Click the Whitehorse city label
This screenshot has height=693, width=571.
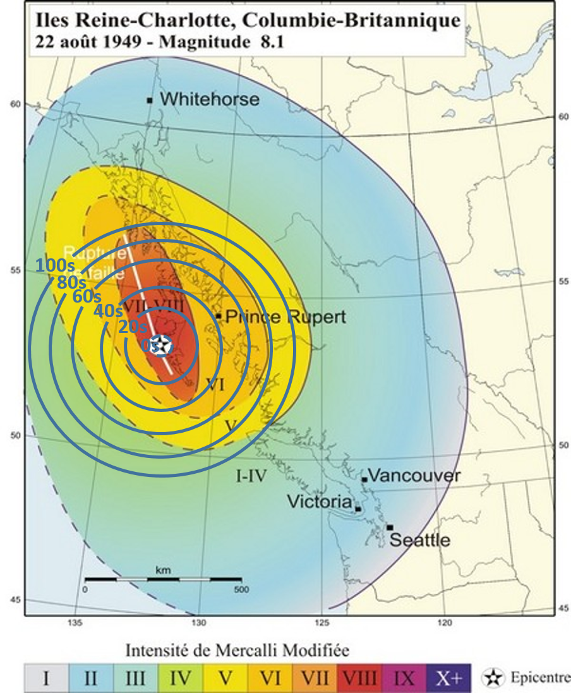209,99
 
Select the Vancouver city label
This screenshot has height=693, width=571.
414,476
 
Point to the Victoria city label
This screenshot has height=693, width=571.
319,502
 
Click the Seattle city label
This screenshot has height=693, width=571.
419,540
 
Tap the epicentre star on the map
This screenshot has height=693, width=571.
163,345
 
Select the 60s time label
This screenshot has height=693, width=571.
87,296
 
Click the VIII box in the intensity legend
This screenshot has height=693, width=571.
358,678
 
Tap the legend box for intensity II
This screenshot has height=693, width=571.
90,678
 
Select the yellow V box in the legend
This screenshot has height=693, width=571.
224,678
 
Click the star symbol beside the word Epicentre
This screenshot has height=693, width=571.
491,678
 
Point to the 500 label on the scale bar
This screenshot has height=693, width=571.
241,589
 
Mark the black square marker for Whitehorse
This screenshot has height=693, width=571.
150,100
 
